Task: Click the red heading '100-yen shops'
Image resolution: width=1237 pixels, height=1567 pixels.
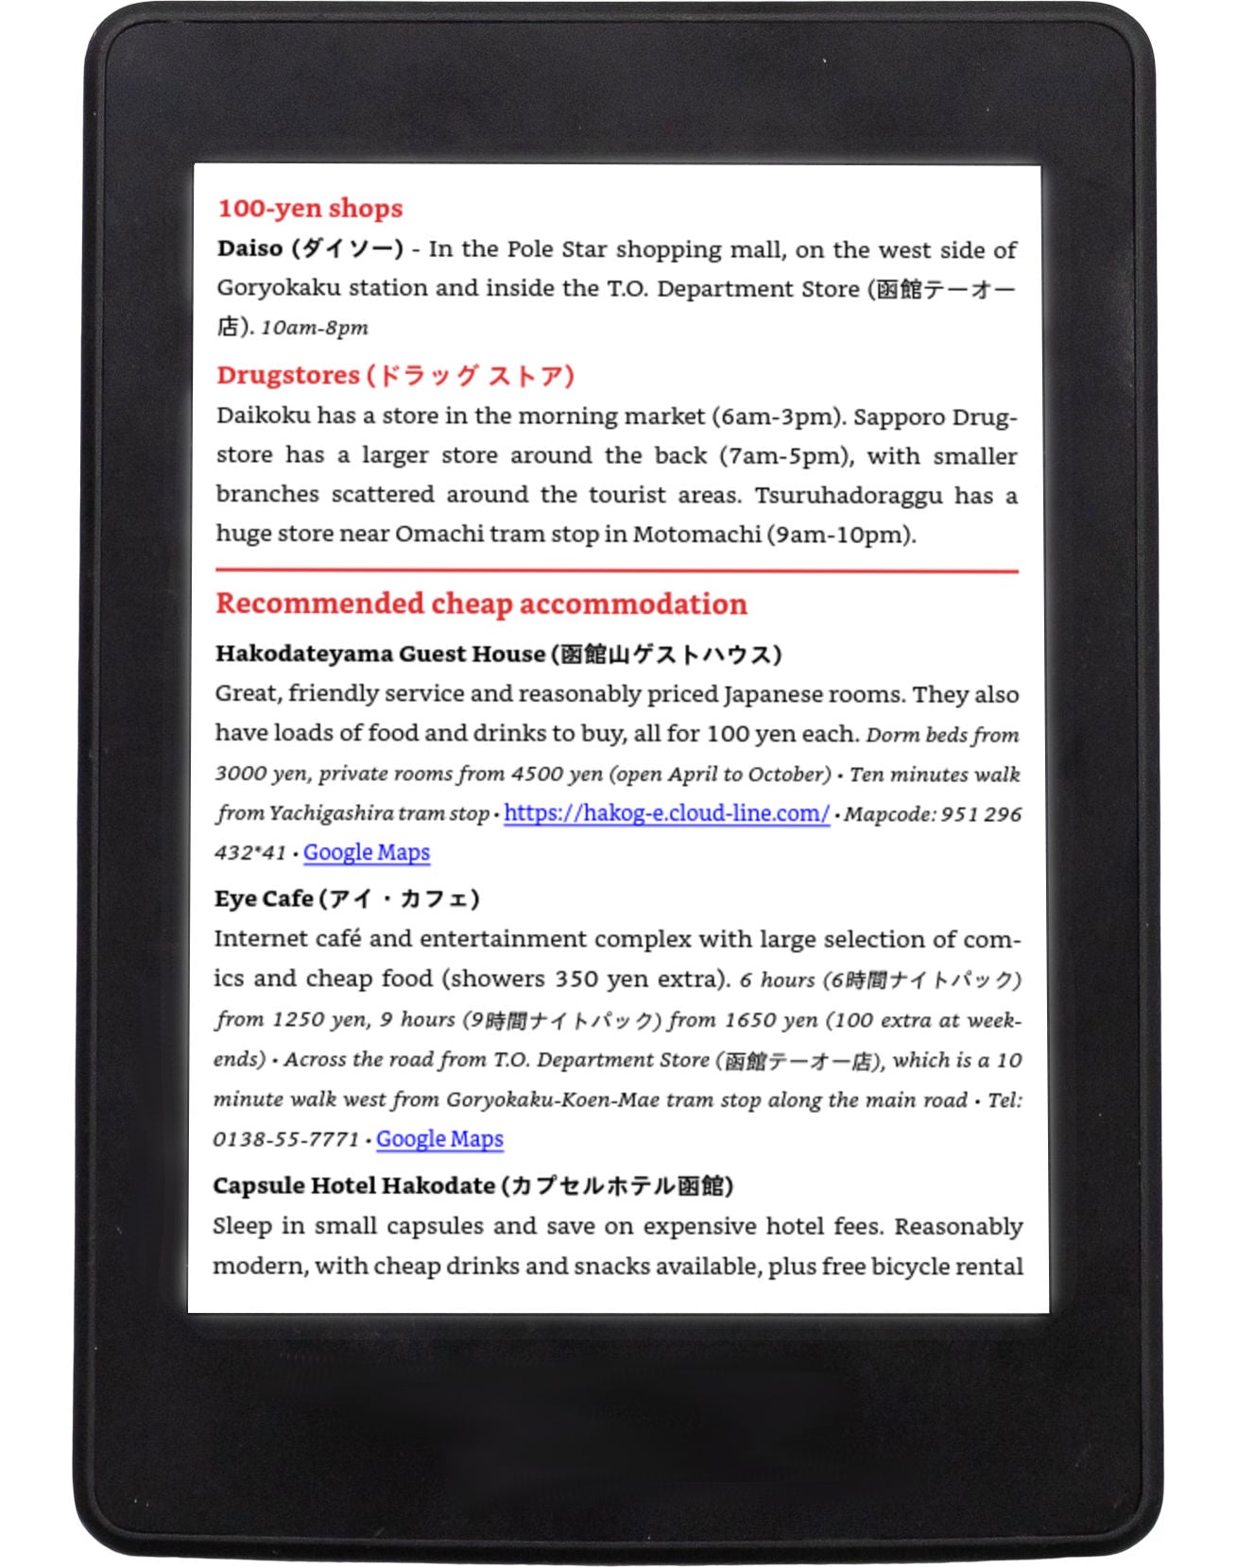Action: coord(310,209)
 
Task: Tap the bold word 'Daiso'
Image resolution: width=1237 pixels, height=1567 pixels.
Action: coord(249,249)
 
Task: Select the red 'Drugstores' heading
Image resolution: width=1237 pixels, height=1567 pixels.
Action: coord(288,376)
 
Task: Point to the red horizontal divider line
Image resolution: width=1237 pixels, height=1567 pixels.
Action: coord(616,571)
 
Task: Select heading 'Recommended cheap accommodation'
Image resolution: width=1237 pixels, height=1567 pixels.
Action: coord(481,605)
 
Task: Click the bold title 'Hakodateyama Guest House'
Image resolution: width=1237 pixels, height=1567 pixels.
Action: coord(380,655)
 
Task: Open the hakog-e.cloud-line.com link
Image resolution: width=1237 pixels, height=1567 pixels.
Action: coord(666,813)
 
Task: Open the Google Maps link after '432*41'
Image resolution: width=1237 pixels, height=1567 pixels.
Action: coord(366,853)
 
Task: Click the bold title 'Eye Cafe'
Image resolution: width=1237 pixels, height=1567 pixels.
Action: coord(264,899)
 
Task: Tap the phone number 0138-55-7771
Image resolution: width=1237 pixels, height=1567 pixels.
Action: coord(285,1140)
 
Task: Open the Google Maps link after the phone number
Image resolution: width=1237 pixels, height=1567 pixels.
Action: coord(439,1139)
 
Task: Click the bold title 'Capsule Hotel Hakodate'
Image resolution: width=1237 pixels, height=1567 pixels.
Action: coord(354,1186)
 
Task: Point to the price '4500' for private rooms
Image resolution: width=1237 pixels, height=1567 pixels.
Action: coord(537,775)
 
